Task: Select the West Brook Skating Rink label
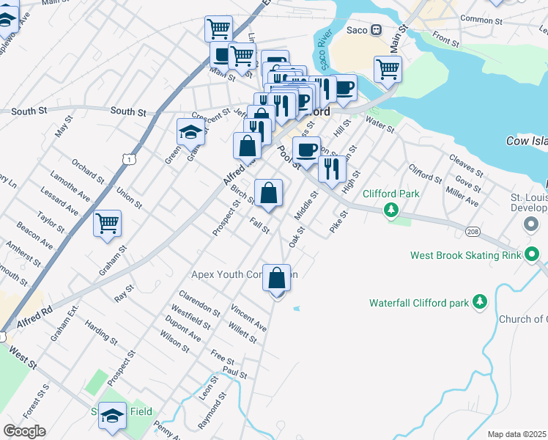[465, 255]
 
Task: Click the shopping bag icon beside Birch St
[269, 194]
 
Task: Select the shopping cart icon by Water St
[388, 70]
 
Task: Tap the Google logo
[24, 430]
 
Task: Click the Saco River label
[322, 51]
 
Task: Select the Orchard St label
[88, 171]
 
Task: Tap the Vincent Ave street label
[248, 318]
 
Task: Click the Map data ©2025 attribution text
[516, 434]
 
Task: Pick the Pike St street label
[338, 220]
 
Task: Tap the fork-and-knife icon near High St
[332, 169]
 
